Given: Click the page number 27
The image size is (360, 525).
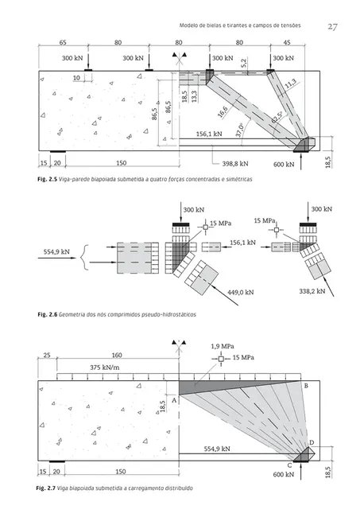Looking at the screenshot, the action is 332,27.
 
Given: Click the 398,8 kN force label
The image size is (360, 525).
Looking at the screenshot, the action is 235,164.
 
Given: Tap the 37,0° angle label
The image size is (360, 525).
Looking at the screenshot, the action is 239,130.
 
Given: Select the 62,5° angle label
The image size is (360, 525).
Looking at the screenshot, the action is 277,117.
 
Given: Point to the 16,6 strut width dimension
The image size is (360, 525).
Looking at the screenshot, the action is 223,111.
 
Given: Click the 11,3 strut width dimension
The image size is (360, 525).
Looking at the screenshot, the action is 290,84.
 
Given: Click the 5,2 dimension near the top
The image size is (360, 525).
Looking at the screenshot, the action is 243,63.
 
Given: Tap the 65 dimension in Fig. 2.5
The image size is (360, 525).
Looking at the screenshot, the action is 63,42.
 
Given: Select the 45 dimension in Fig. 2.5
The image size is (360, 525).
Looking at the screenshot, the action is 287,42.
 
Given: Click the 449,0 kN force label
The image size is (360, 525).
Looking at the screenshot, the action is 241,292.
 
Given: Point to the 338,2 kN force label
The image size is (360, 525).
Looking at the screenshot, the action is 312,291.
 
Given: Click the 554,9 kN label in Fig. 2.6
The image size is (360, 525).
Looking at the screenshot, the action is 56,252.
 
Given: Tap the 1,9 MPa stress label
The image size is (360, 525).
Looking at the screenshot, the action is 223,346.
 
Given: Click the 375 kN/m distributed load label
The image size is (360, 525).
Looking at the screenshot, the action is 104,367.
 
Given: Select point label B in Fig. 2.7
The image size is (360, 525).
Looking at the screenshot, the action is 306,386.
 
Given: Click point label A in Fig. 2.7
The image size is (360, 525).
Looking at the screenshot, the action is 174,400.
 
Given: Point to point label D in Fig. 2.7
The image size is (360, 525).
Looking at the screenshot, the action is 312,442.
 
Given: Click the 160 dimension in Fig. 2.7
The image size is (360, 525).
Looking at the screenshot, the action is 117,355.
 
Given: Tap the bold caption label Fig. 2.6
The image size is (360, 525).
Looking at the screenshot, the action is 48,315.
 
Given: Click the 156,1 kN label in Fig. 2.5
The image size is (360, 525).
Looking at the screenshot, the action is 209,134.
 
